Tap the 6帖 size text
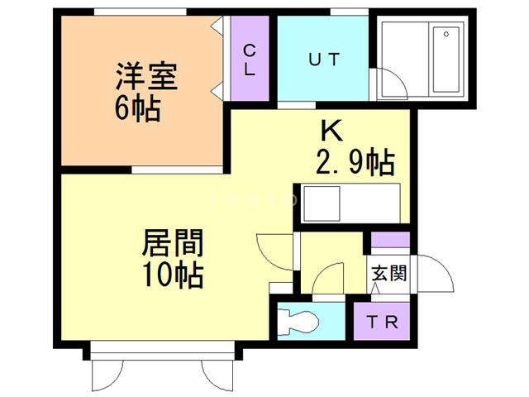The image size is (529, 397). pos(137,110)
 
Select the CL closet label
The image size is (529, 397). pos(250,60)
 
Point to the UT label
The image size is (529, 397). pos(324,60)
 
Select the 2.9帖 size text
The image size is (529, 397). pos(354,163)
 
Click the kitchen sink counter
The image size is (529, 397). pos(352,203)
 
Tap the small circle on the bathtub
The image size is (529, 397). pos(446,35)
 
